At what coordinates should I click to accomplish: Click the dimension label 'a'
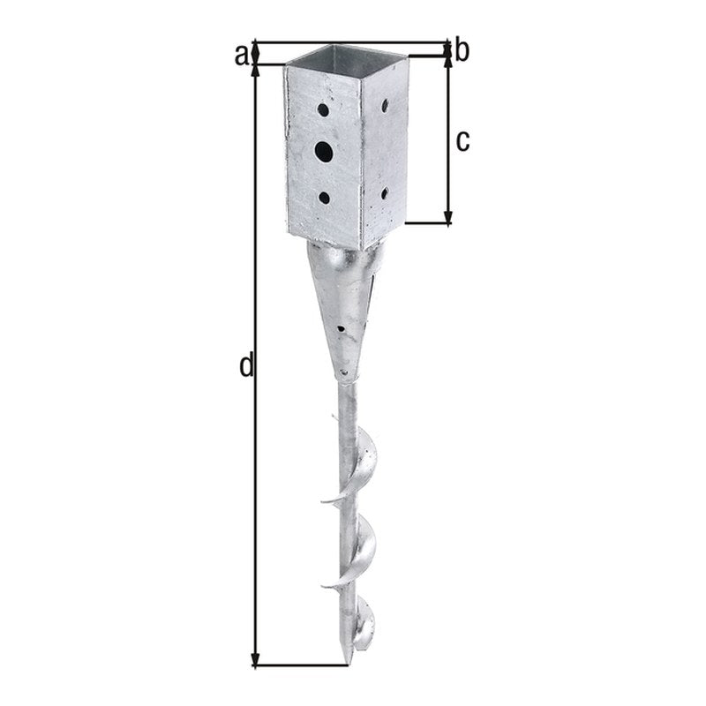click(241, 56)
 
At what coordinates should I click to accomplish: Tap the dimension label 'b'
click(462, 50)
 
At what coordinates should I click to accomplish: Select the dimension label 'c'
click(462, 141)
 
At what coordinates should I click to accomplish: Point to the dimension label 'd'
click(247, 365)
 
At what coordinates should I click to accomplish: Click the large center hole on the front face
click(324, 152)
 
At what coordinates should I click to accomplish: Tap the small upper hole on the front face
click(323, 109)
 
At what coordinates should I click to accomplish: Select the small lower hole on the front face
click(324, 198)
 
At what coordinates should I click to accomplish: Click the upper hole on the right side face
click(385, 106)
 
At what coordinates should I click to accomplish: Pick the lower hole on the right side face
click(385, 193)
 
